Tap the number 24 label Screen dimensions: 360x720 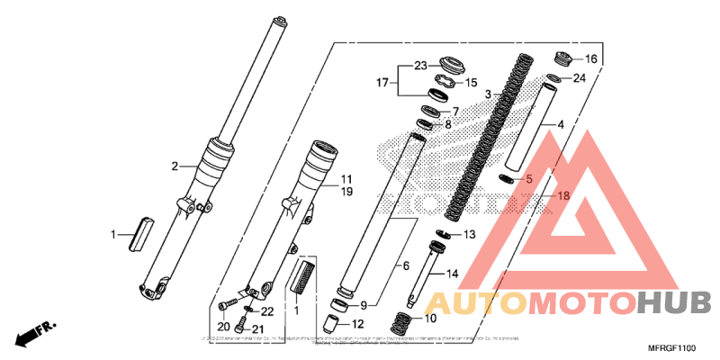(x=579, y=78)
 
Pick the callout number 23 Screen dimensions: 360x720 (x=419, y=65)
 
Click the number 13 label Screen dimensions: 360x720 (x=469, y=234)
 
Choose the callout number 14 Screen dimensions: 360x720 (x=452, y=273)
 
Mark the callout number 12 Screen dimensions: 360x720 (x=357, y=324)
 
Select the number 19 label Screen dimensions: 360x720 (x=346, y=193)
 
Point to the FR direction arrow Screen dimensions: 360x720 (x=32, y=332)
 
